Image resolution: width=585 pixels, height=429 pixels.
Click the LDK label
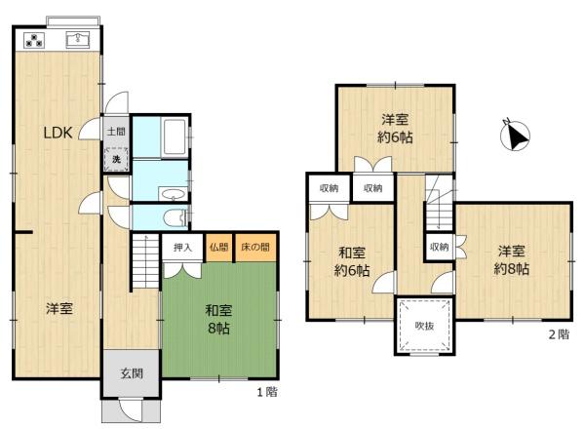click(58, 133)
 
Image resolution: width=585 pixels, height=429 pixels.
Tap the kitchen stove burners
click(34, 40)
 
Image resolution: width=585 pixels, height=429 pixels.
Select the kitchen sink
click(78, 40)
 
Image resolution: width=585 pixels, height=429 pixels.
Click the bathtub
click(175, 136)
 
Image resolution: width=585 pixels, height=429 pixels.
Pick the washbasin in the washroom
click(174, 194)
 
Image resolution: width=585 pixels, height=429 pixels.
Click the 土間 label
click(116, 132)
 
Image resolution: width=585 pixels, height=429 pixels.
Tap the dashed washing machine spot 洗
click(116, 159)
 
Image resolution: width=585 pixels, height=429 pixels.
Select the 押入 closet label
click(183, 247)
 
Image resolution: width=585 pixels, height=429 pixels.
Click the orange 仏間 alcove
click(219, 248)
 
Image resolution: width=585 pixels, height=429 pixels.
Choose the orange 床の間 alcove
click(255, 248)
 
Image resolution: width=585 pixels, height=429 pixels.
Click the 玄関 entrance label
click(132, 373)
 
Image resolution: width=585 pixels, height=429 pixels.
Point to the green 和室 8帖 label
click(218, 319)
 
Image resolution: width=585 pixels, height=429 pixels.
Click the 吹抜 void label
click(424, 326)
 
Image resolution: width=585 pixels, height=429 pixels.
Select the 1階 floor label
click(267, 392)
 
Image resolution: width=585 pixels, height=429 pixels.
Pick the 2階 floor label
click(559, 333)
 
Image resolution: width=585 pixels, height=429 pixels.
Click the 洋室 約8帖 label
click(512, 260)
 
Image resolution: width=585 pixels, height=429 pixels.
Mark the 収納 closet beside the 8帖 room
click(439, 247)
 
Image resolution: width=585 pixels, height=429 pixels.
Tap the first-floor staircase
click(144, 261)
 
